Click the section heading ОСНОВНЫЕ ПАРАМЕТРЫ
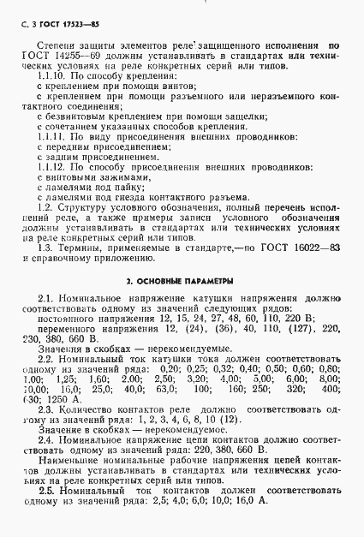(x=182, y=305)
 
